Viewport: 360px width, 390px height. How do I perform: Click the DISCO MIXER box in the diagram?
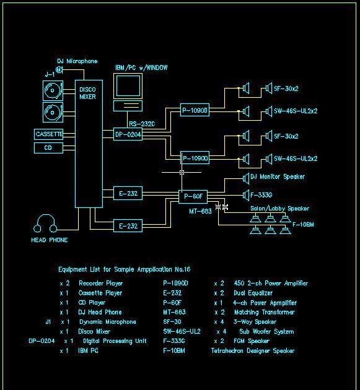(x=88, y=142)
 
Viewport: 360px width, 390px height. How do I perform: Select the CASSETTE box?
(x=49, y=134)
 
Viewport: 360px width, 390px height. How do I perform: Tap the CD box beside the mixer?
(x=48, y=148)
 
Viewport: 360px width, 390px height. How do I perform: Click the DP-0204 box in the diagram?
(x=128, y=134)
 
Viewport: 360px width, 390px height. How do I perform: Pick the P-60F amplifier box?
(x=193, y=196)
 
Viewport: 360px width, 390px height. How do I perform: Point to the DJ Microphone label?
(x=77, y=61)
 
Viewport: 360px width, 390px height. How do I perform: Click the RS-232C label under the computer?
(x=142, y=124)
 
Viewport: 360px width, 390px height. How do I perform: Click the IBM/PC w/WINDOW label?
(x=141, y=67)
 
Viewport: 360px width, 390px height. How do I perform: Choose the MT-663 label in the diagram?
(x=200, y=211)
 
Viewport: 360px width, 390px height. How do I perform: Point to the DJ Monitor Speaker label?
(x=277, y=177)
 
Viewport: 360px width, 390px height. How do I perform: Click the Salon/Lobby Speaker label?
(x=279, y=209)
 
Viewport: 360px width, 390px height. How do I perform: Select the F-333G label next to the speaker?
(x=261, y=195)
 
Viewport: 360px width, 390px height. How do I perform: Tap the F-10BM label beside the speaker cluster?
(x=303, y=225)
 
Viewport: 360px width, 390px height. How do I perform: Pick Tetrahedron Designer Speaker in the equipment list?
(x=252, y=351)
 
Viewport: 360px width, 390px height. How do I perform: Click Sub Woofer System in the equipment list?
(x=266, y=332)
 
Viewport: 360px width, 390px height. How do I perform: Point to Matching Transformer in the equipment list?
(x=264, y=313)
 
